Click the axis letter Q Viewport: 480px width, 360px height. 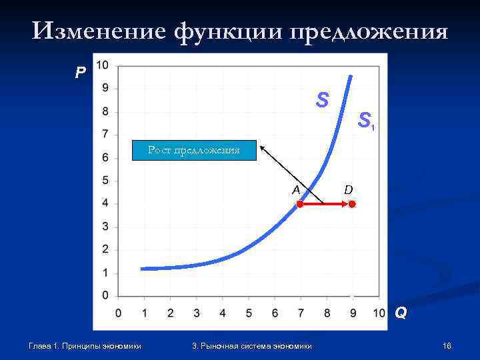(x=401, y=312)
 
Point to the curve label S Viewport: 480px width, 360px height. (x=323, y=100)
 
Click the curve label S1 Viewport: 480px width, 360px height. (x=366, y=121)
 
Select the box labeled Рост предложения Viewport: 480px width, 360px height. (x=193, y=151)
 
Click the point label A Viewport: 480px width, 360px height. (x=296, y=189)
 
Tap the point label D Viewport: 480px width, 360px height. (x=348, y=190)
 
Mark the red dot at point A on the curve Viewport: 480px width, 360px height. (x=300, y=205)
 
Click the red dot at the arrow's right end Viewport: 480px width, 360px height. (x=353, y=205)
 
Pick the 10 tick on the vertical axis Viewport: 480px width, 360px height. (x=103, y=65)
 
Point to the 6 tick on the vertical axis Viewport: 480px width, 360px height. (x=105, y=157)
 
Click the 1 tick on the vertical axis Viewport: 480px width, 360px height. (x=105, y=273)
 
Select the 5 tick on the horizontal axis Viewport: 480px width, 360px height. (x=248, y=313)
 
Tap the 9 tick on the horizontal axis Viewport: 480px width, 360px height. (x=353, y=313)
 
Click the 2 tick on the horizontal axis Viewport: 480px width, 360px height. (x=170, y=313)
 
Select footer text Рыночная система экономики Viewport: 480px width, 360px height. (x=256, y=345)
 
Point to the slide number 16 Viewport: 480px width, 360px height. (x=447, y=345)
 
